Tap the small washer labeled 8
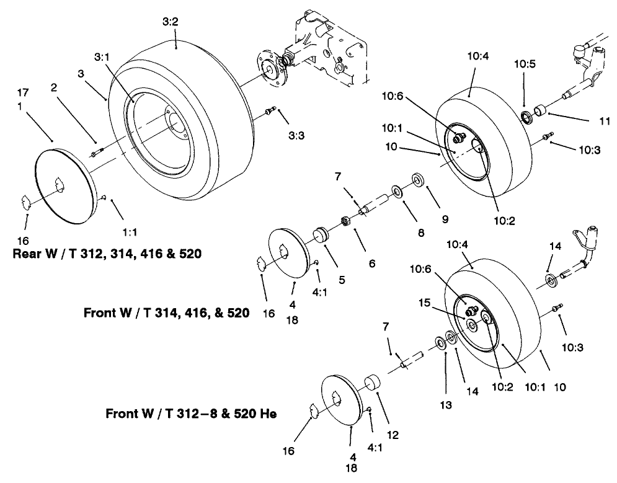395,190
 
